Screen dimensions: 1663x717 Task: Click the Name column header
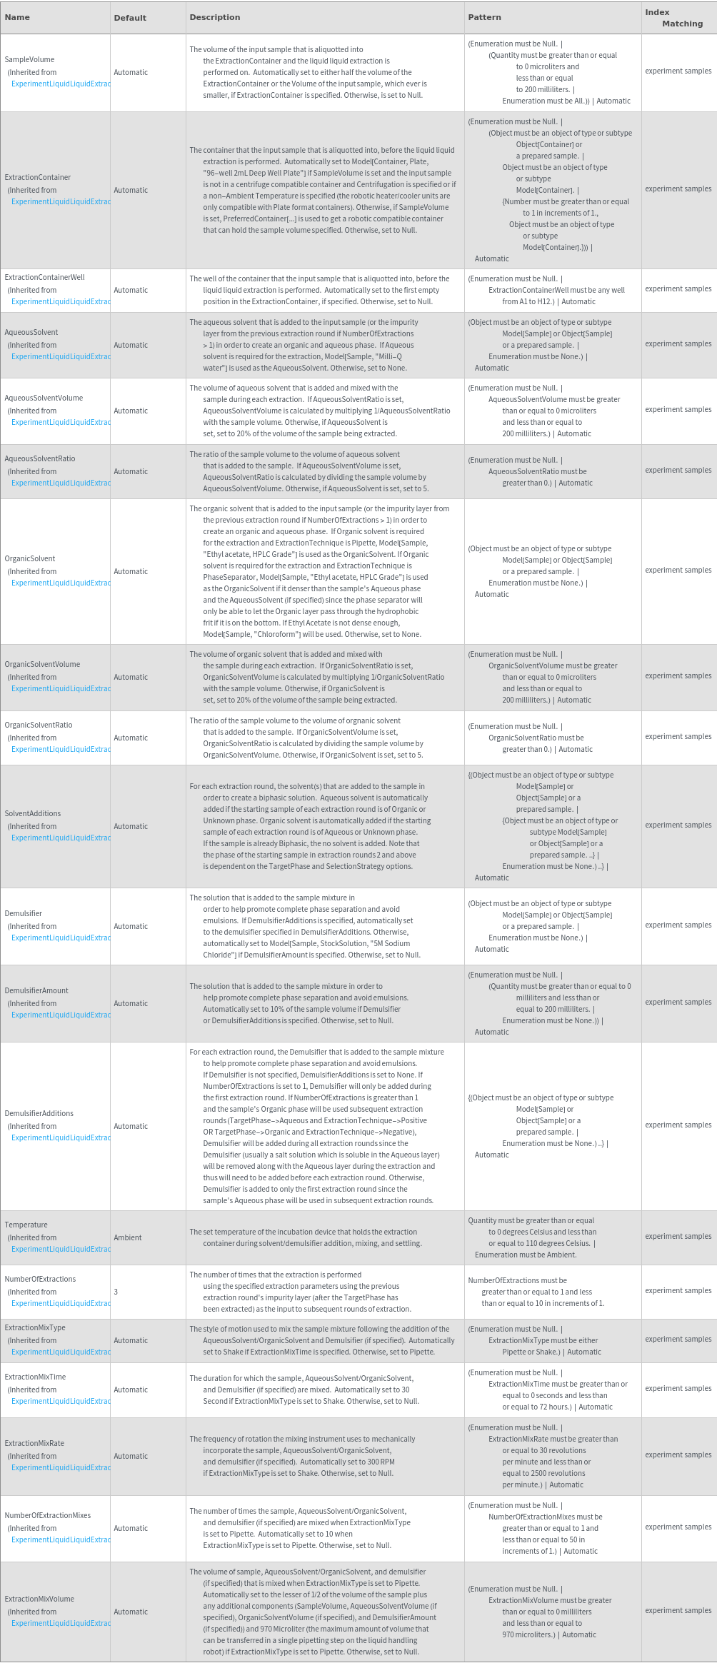coord(17,17)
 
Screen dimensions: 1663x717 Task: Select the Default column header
coord(130,18)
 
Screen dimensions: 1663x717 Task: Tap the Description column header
coord(214,17)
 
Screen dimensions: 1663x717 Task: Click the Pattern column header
coord(484,17)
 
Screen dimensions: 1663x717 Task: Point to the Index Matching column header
coord(673,18)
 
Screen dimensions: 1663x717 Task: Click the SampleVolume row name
coord(29,59)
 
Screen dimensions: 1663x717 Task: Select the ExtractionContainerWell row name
coord(44,277)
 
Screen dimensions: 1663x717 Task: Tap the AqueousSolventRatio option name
coord(39,458)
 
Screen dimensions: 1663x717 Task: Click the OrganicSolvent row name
coord(29,558)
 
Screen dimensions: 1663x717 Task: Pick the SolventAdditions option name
coord(32,813)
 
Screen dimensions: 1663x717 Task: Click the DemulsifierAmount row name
coord(36,990)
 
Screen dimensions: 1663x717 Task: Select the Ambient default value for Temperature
coord(127,1237)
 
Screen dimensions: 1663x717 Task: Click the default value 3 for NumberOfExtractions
coord(116,1292)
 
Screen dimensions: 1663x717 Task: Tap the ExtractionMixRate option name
coord(34,1443)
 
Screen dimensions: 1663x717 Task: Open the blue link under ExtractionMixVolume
coord(61,1623)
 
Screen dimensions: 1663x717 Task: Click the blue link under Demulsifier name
coord(61,938)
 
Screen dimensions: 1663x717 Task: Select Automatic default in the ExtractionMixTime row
coord(131,1390)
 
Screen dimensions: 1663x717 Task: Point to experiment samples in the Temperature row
coord(678,1236)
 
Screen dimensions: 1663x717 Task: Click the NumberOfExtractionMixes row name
coord(47,1515)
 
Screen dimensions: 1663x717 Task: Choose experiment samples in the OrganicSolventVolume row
coord(678,675)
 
